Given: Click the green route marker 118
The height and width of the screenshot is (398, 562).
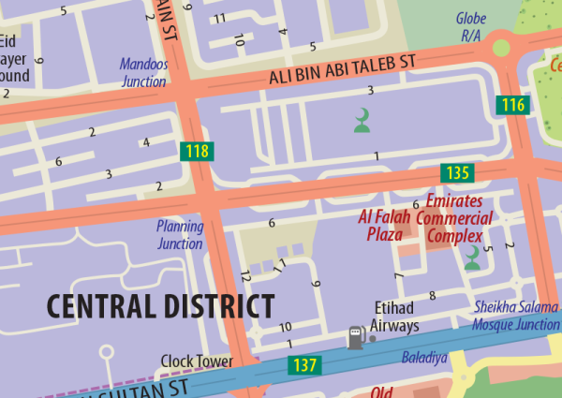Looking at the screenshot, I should [197, 151].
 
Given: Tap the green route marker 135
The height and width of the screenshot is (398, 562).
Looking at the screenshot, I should [458, 172].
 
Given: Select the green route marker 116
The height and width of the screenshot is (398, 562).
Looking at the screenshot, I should [512, 105].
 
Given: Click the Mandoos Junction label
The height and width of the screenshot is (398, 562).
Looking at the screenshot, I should [143, 73].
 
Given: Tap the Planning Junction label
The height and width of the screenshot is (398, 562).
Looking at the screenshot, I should [180, 235].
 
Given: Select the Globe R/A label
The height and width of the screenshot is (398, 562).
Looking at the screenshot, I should [471, 26].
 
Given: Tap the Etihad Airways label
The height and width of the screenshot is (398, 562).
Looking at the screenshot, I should [393, 317].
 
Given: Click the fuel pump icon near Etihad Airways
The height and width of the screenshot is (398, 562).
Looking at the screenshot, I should [355, 336].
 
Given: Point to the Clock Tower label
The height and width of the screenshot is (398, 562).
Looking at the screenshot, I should [197, 361].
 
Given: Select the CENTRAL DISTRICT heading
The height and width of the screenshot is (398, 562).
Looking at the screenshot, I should [160, 306].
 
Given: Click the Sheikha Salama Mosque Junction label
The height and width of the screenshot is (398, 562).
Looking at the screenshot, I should [516, 317].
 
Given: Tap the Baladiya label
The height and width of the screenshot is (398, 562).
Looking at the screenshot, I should [425, 358].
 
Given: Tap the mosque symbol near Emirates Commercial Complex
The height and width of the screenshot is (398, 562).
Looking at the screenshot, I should [473, 259].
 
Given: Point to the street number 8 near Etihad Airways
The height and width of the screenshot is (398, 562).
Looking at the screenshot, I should [432, 296].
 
